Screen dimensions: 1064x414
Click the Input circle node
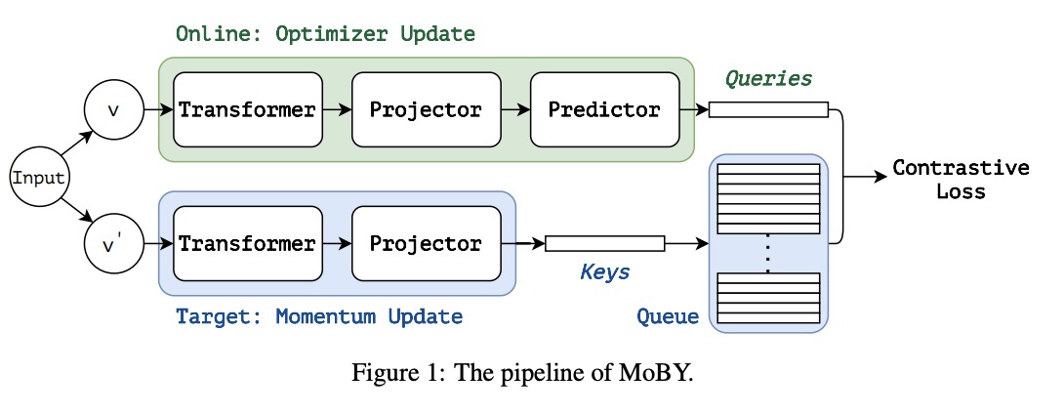[39, 179]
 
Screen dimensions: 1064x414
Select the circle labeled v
[113, 109]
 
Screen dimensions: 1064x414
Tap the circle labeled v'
[113, 244]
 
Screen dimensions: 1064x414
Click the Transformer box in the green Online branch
[248, 109]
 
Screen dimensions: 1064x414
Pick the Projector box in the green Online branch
[427, 109]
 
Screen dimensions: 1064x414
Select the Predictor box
[604, 109]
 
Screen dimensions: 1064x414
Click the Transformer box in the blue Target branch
[248, 244]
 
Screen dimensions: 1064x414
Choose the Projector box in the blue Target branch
[427, 244]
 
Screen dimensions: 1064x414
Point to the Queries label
[768, 79]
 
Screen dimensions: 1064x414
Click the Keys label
[604, 272]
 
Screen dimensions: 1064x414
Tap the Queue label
[668, 316]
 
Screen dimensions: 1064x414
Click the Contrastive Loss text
[961, 179]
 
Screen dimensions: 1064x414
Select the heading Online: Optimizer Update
[326, 34]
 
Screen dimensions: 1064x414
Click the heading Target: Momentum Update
[319, 316]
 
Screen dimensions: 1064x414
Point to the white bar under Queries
[769, 109]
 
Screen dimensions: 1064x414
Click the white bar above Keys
[604, 244]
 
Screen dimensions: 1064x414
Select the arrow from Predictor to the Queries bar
[694, 109]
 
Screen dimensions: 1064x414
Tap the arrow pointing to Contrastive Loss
[865, 177]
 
